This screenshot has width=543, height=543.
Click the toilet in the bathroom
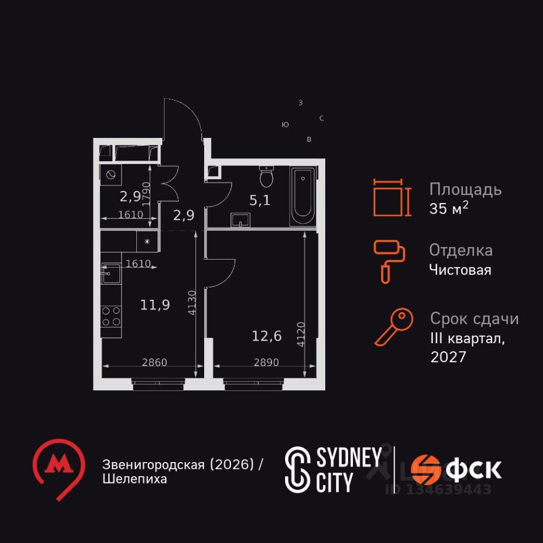click(266, 178)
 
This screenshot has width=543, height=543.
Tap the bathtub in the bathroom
click(302, 196)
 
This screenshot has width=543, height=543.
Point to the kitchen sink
click(110, 273)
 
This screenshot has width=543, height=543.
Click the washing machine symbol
click(110, 175)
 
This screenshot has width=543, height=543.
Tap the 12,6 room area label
click(266, 337)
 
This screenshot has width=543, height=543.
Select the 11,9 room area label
click(155, 305)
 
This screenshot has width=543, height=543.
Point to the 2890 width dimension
click(266, 363)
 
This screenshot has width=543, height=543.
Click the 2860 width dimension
click(154, 363)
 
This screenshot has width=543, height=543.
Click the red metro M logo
click(58, 466)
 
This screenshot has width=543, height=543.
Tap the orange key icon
click(394, 326)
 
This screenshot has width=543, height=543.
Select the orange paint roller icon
click(389, 259)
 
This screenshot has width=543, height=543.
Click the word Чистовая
click(460, 270)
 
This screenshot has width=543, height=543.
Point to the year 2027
click(448, 357)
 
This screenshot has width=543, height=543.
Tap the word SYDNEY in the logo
click(347, 458)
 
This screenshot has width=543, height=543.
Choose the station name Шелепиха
click(135, 479)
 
